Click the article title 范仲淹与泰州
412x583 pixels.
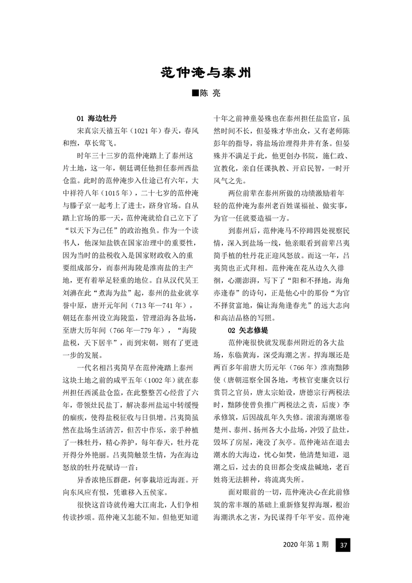[x=206, y=72]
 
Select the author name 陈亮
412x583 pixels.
[x=210, y=94]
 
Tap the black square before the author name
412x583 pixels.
[x=195, y=94]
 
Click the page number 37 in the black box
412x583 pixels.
[x=343, y=545]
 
